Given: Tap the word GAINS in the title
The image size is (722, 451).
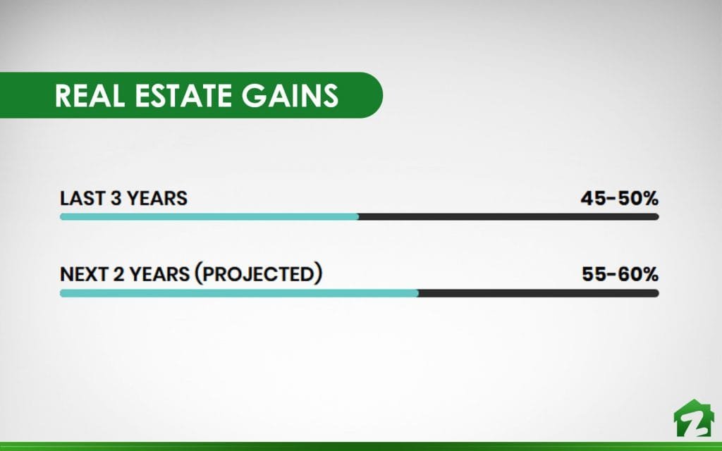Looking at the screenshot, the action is tap(290, 95).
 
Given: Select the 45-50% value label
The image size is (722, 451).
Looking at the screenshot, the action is tap(619, 198).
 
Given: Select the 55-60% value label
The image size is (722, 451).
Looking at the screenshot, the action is tap(620, 274).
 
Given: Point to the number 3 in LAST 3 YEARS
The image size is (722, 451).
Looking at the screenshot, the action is tap(115, 198).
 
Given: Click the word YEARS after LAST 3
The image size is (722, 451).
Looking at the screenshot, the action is tap(157, 198).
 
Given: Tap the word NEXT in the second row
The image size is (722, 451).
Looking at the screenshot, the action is tap(84, 274).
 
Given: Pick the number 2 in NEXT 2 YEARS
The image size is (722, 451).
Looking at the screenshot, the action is tap(118, 274).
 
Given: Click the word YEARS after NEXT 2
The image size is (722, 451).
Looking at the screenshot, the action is tap(159, 274).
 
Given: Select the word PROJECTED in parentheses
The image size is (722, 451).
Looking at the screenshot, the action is tap(258, 274).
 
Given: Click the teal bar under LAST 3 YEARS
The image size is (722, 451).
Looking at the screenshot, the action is tap(209, 217).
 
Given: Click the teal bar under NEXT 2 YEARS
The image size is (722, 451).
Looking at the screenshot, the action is tap(240, 293).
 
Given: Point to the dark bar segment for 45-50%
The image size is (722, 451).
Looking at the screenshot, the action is tap(509, 217).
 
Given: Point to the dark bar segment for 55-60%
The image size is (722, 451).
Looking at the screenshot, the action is tap(539, 293).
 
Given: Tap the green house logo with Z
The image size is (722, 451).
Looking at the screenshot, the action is tap(694, 418).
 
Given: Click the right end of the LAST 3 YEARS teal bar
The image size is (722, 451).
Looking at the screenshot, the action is tap(359, 217).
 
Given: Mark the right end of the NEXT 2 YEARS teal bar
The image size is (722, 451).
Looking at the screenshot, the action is tap(418, 293).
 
